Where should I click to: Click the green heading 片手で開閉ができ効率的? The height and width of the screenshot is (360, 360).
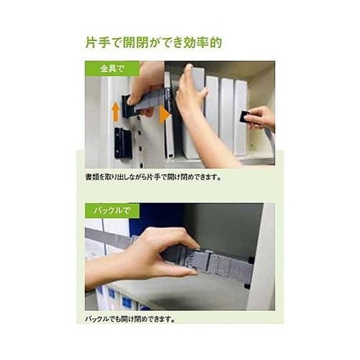(153, 42)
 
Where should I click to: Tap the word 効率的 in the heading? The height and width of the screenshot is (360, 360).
(204, 42)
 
